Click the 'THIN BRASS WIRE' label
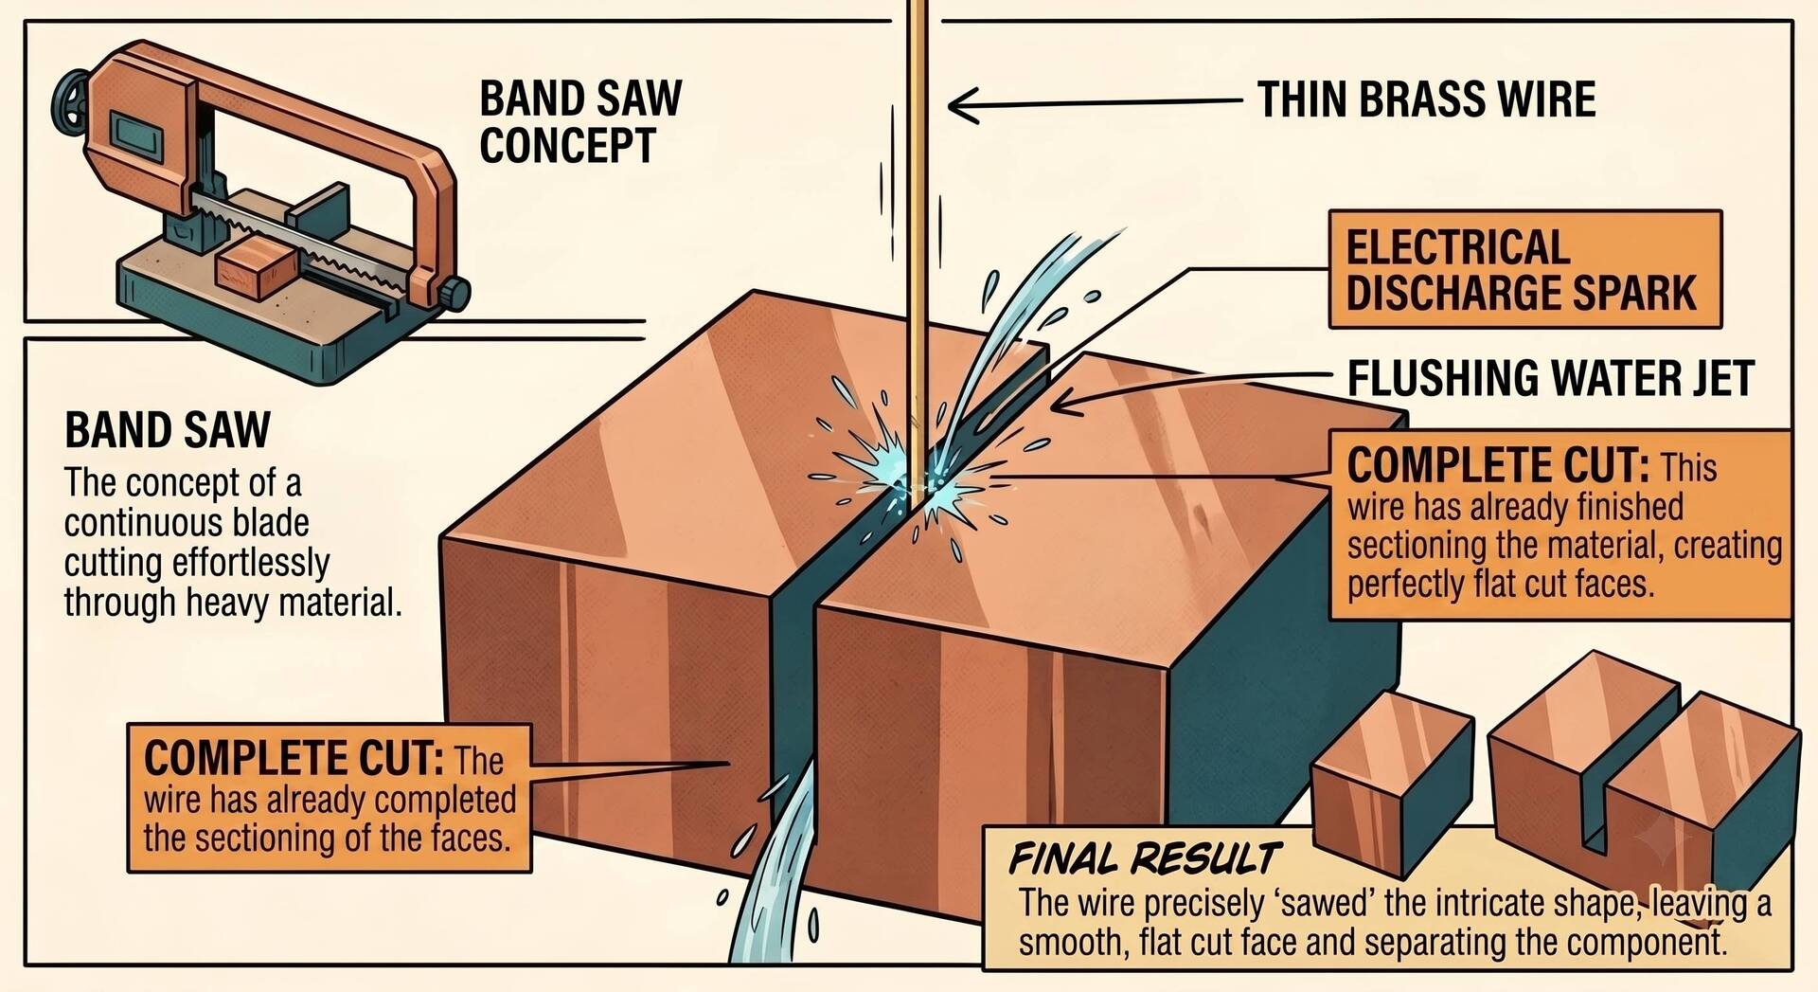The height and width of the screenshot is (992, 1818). (x=1426, y=99)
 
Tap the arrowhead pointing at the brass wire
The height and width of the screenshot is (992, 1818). (x=961, y=104)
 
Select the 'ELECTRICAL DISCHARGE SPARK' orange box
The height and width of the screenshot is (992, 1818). (x=1524, y=270)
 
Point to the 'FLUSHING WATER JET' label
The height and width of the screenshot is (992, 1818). (x=1551, y=378)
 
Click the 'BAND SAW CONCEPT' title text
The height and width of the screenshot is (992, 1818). (x=580, y=122)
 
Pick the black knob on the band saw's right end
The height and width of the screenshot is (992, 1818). (x=456, y=293)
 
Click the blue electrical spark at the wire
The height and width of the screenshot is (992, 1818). (x=909, y=469)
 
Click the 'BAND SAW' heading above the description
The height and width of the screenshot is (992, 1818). (x=168, y=430)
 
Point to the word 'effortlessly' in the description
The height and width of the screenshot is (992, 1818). (x=250, y=563)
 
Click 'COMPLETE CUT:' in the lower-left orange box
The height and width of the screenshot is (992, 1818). (x=294, y=758)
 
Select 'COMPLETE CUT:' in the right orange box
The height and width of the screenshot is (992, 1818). (x=1498, y=466)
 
